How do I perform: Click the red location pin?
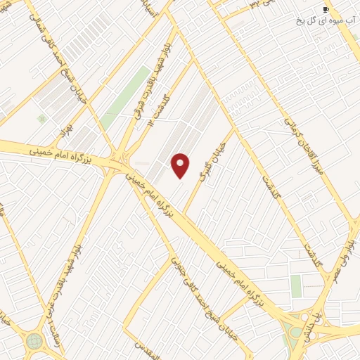point(181,165)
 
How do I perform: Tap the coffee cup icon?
point(326,9)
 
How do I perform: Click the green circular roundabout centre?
point(34,340)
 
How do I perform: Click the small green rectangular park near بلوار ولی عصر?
point(296,285)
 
